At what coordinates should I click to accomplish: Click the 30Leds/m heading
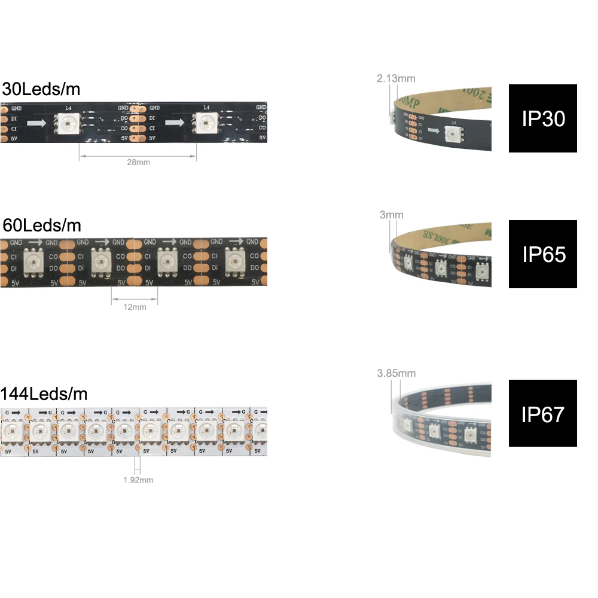click(x=41, y=90)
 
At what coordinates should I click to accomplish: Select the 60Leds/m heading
click(x=41, y=225)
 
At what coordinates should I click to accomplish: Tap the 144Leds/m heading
click(x=44, y=394)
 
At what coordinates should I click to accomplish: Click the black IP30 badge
click(x=543, y=118)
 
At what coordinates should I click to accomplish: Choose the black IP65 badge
click(x=543, y=254)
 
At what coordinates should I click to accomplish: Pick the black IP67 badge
click(x=543, y=413)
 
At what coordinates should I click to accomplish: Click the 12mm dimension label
click(x=135, y=307)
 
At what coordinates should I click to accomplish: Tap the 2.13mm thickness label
click(x=395, y=78)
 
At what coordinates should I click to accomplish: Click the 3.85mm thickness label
click(x=396, y=374)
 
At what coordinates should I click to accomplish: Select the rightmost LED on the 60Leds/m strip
click(x=235, y=261)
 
